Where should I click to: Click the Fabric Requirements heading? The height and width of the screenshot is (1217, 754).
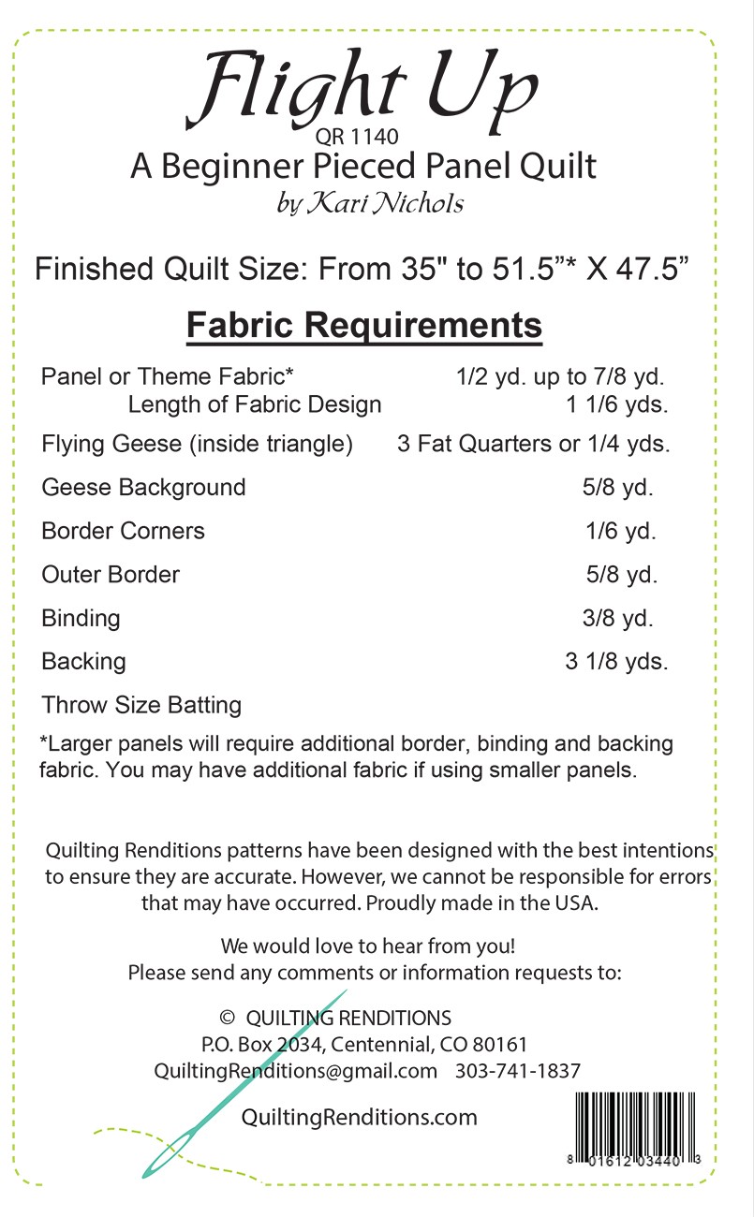(x=364, y=325)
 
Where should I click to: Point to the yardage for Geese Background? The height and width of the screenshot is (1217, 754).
(x=619, y=488)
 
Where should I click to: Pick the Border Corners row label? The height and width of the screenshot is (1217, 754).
(x=123, y=531)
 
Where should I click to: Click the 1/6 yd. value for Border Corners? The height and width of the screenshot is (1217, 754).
(x=621, y=531)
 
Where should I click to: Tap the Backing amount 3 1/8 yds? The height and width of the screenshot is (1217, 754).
(x=616, y=661)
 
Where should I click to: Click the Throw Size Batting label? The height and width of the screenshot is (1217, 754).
(x=141, y=705)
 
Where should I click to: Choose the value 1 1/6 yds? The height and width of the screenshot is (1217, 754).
(x=615, y=405)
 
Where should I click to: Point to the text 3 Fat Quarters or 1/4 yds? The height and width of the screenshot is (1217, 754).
(x=534, y=445)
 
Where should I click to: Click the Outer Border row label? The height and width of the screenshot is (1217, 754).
(x=111, y=574)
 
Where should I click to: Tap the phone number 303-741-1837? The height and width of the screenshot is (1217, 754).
(x=518, y=1071)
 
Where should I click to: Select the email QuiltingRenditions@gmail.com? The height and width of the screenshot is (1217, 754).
(x=295, y=1071)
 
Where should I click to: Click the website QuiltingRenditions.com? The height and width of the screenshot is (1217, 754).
(x=360, y=1117)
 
